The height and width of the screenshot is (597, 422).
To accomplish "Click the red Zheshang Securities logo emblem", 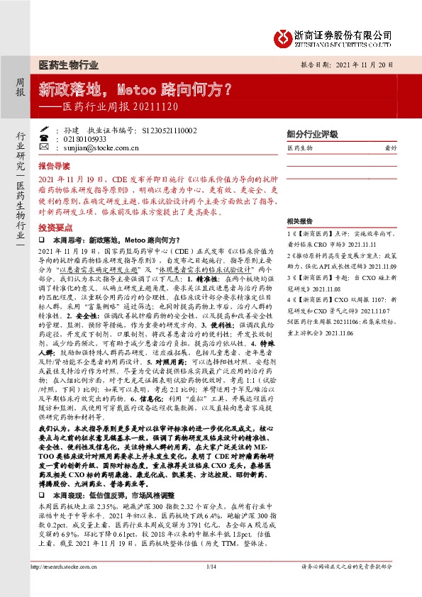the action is tap(285, 36).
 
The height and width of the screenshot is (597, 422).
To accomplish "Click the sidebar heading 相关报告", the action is tap(301, 221).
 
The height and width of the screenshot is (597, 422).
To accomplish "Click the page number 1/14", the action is tap(210, 586).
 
